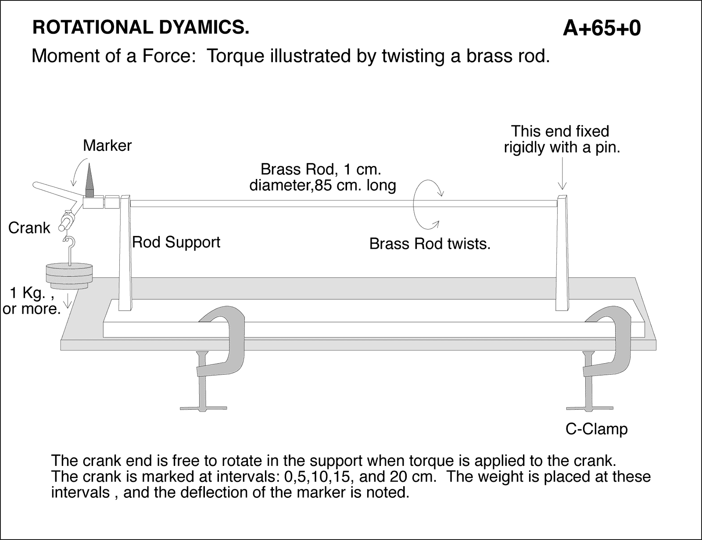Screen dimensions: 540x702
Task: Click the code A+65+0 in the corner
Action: click(x=602, y=29)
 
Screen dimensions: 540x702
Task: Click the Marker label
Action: click(x=107, y=146)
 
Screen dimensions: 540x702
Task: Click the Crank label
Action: click(x=29, y=228)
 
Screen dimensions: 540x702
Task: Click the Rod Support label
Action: click(x=176, y=242)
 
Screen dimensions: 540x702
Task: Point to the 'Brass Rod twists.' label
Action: click(x=430, y=244)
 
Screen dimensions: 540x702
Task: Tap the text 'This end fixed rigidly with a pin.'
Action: click(x=561, y=139)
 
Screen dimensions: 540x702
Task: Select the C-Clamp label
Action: click(x=596, y=429)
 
